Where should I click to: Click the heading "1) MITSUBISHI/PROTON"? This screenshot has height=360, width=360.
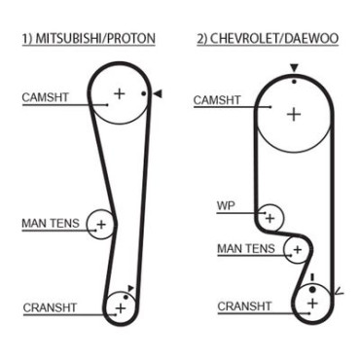pos(89,38)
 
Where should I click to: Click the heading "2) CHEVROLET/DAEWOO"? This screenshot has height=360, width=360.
pos(268,38)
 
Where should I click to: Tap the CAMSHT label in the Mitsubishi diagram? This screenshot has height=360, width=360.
pos(45,97)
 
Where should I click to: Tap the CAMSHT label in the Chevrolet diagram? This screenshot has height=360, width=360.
pos(217,100)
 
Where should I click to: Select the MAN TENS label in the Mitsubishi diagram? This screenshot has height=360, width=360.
pos(51,223)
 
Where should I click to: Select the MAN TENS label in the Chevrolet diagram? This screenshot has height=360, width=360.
pos(246,249)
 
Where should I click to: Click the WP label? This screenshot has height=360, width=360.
pos(226,205)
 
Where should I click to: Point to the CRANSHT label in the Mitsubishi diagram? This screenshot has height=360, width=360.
pos(50,307)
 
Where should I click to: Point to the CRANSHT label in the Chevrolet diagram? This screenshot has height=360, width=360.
pos(244,306)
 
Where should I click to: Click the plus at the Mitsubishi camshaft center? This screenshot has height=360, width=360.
pos(120,93)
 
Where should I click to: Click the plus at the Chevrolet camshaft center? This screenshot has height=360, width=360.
pos(294,115)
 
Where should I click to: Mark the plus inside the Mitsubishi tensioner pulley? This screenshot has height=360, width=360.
pos(101,224)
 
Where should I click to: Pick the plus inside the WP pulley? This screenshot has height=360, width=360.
pos(270,218)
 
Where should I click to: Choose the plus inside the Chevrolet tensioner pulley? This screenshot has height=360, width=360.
pos(297,250)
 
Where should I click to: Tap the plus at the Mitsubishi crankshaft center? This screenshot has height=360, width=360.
pos(121,307)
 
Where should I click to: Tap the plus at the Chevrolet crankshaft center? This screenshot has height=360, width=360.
pos(312,304)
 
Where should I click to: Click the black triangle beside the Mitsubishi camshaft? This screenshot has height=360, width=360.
pos(158,93)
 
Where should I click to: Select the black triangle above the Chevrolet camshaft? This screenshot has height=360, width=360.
pos(294,68)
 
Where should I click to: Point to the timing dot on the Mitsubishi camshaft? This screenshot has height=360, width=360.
pos(144,93)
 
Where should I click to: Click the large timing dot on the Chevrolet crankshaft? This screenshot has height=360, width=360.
pos(312,289)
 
